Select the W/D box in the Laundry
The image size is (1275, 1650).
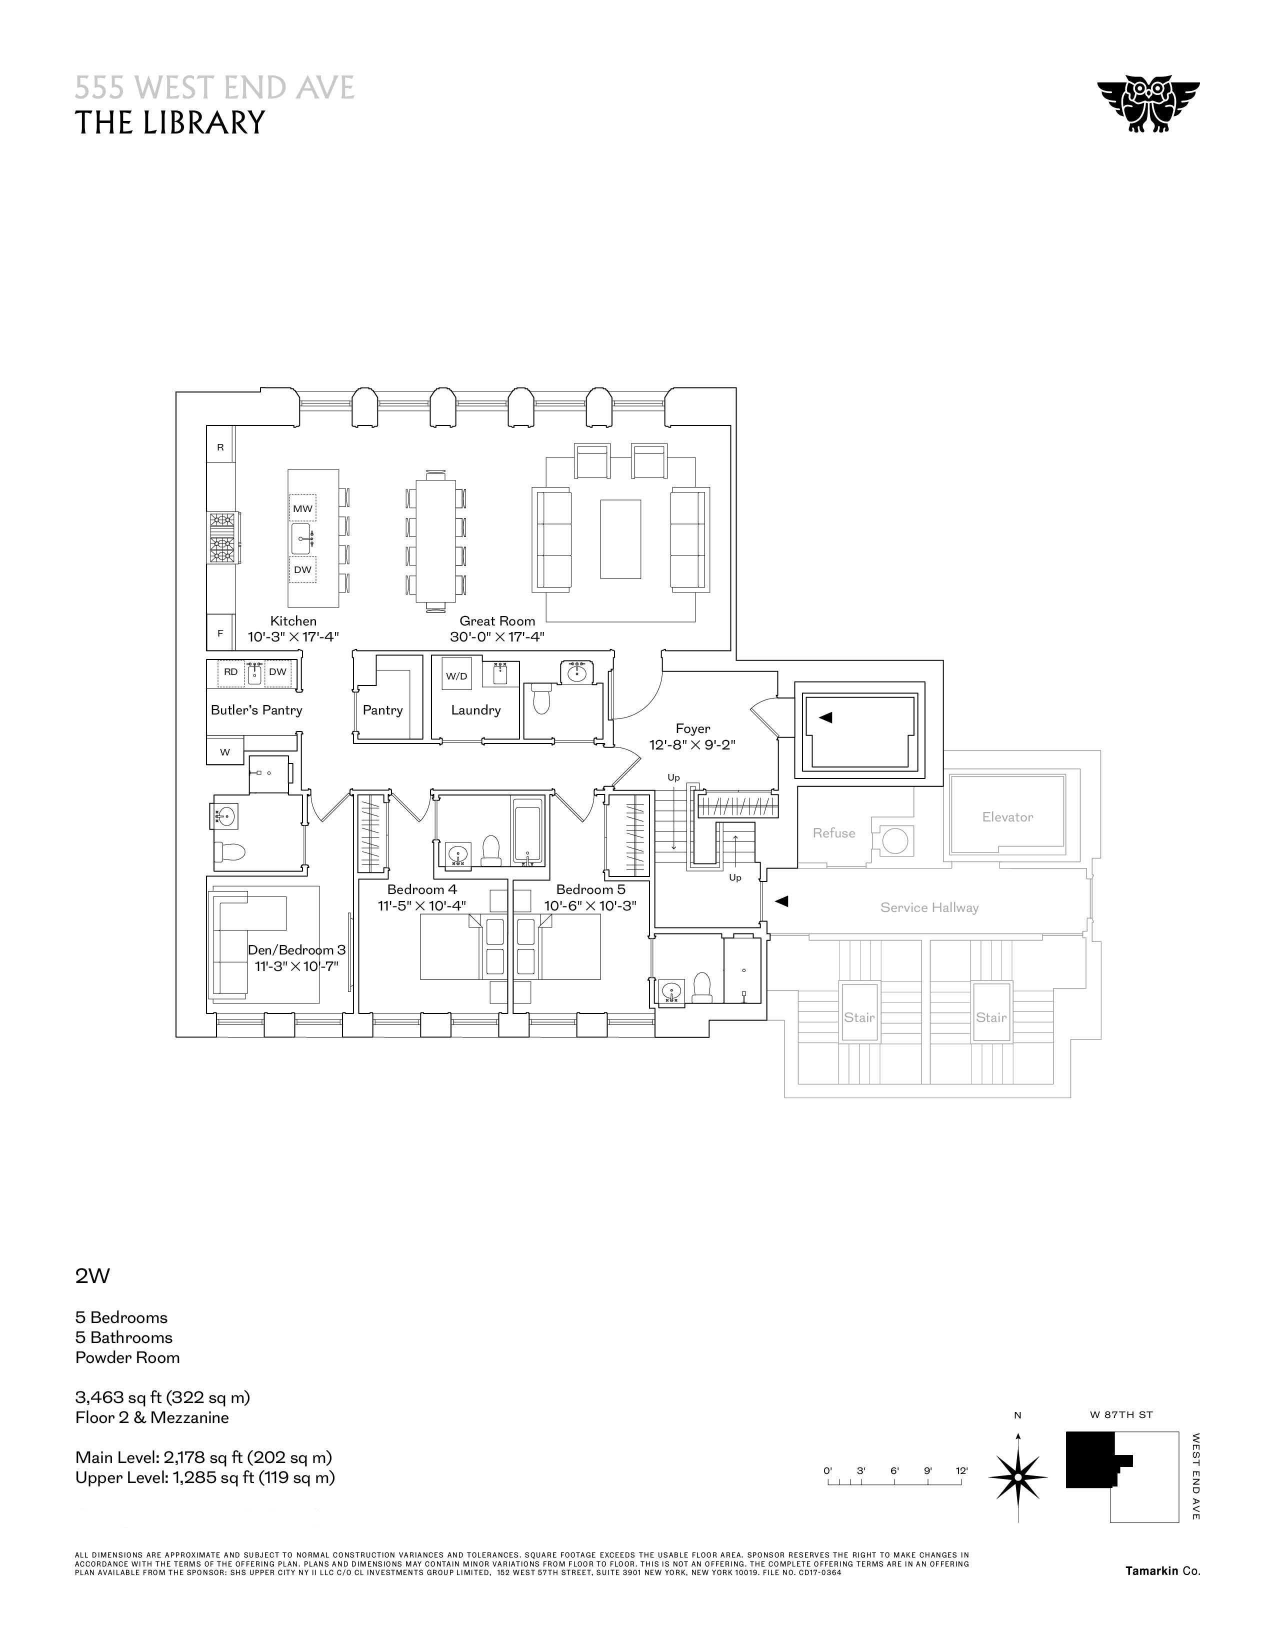coord(456,675)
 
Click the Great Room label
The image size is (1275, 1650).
coord(497,621)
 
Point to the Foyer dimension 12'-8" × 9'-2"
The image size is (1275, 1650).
coord(692,744)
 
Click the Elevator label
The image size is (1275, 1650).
coord(1007,816)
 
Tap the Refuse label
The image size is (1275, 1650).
coord(834,832)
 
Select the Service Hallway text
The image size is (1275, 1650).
coord(929,907)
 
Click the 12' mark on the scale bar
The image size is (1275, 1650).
coord(961,1470)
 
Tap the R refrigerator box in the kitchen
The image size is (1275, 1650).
coord(220,447)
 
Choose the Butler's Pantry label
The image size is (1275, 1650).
coord(256,709)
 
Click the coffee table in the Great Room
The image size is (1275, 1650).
coord(620,538)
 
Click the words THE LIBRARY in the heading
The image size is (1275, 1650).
coord(170,122)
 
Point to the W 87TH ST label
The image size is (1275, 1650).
coord(1121,1414)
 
